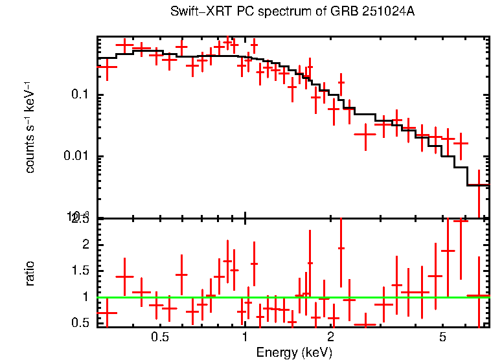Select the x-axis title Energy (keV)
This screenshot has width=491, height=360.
294,353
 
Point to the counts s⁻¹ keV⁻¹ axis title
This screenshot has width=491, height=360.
30,127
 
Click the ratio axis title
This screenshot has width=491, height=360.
30,273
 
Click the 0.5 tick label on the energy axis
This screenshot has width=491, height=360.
160,337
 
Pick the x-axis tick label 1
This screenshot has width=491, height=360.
245,337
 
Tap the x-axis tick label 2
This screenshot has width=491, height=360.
330,337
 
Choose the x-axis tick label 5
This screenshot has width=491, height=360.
442,337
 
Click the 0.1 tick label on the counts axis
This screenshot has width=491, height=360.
80,95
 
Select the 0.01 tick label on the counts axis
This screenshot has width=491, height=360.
76,157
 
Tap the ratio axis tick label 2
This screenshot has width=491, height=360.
87,245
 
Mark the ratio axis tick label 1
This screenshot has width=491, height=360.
87,297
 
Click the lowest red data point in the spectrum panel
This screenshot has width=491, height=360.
479,185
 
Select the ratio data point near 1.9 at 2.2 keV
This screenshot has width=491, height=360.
341,248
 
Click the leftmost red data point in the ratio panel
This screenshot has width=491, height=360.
107,313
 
